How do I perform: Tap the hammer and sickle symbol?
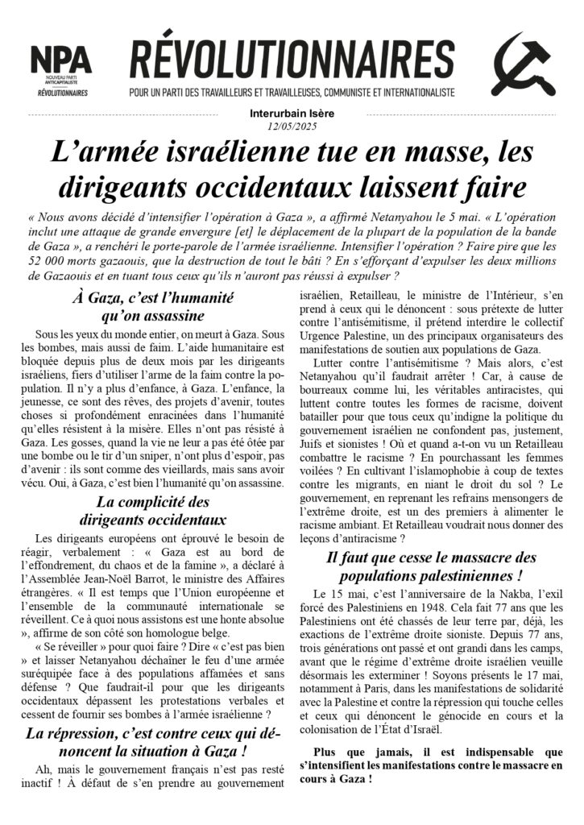pyautogui.click(x=523, y=68)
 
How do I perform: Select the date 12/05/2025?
pyautogui.click(x=292, y=126)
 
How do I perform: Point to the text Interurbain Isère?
pyautogui.click(x=292, y=114)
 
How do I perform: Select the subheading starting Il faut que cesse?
pyautogui.click(x=431, y=566)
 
